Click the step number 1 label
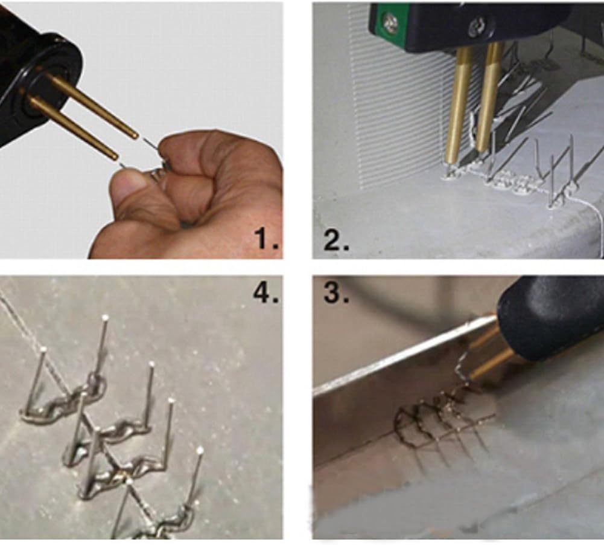[265, 239]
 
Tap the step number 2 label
[337, 240]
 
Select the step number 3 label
[337, 293]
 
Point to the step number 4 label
[265, 293]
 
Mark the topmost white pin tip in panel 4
[105, 317]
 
